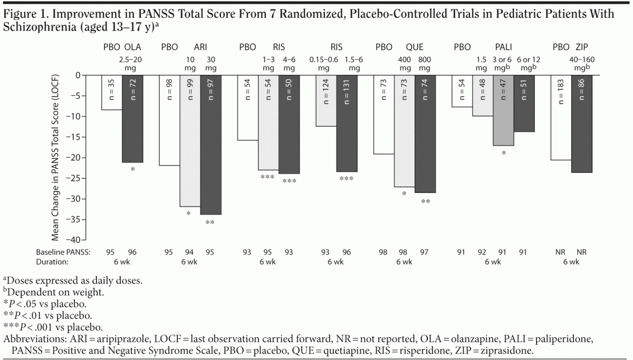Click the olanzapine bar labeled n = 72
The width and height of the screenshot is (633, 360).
point(132,119)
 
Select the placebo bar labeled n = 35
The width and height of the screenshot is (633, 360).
point(112,92)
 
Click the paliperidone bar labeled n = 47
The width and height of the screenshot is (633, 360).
point(503,110)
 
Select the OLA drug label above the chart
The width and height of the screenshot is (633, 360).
point(132,47)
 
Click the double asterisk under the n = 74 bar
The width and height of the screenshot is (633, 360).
point(425,202)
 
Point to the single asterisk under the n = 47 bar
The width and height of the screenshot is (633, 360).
point(504,153)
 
